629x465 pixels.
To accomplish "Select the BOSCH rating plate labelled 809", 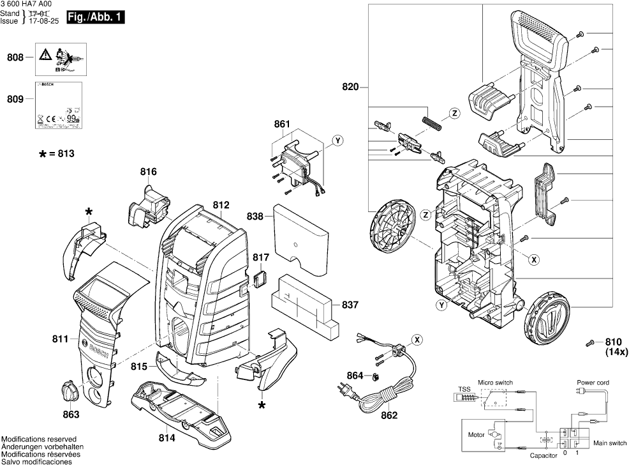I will point(57,106).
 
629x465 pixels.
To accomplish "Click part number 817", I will point(261,257).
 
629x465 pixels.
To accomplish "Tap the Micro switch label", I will point(495,381).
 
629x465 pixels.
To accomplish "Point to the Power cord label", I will point(593,383).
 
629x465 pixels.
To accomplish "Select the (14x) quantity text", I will point(616,352).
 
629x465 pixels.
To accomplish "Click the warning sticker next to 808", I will point(57,58).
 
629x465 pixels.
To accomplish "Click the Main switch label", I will point(610,442).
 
